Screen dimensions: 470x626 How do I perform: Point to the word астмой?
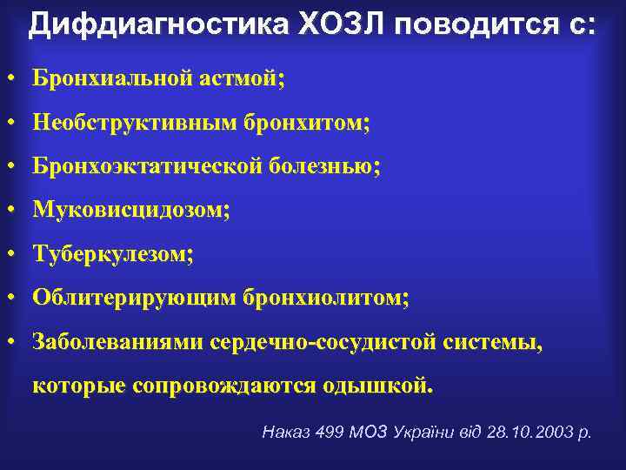(x=246, y=78)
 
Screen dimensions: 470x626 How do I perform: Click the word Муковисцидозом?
(x=131, y=211)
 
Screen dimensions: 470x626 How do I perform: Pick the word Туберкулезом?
(x=113, y=254)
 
